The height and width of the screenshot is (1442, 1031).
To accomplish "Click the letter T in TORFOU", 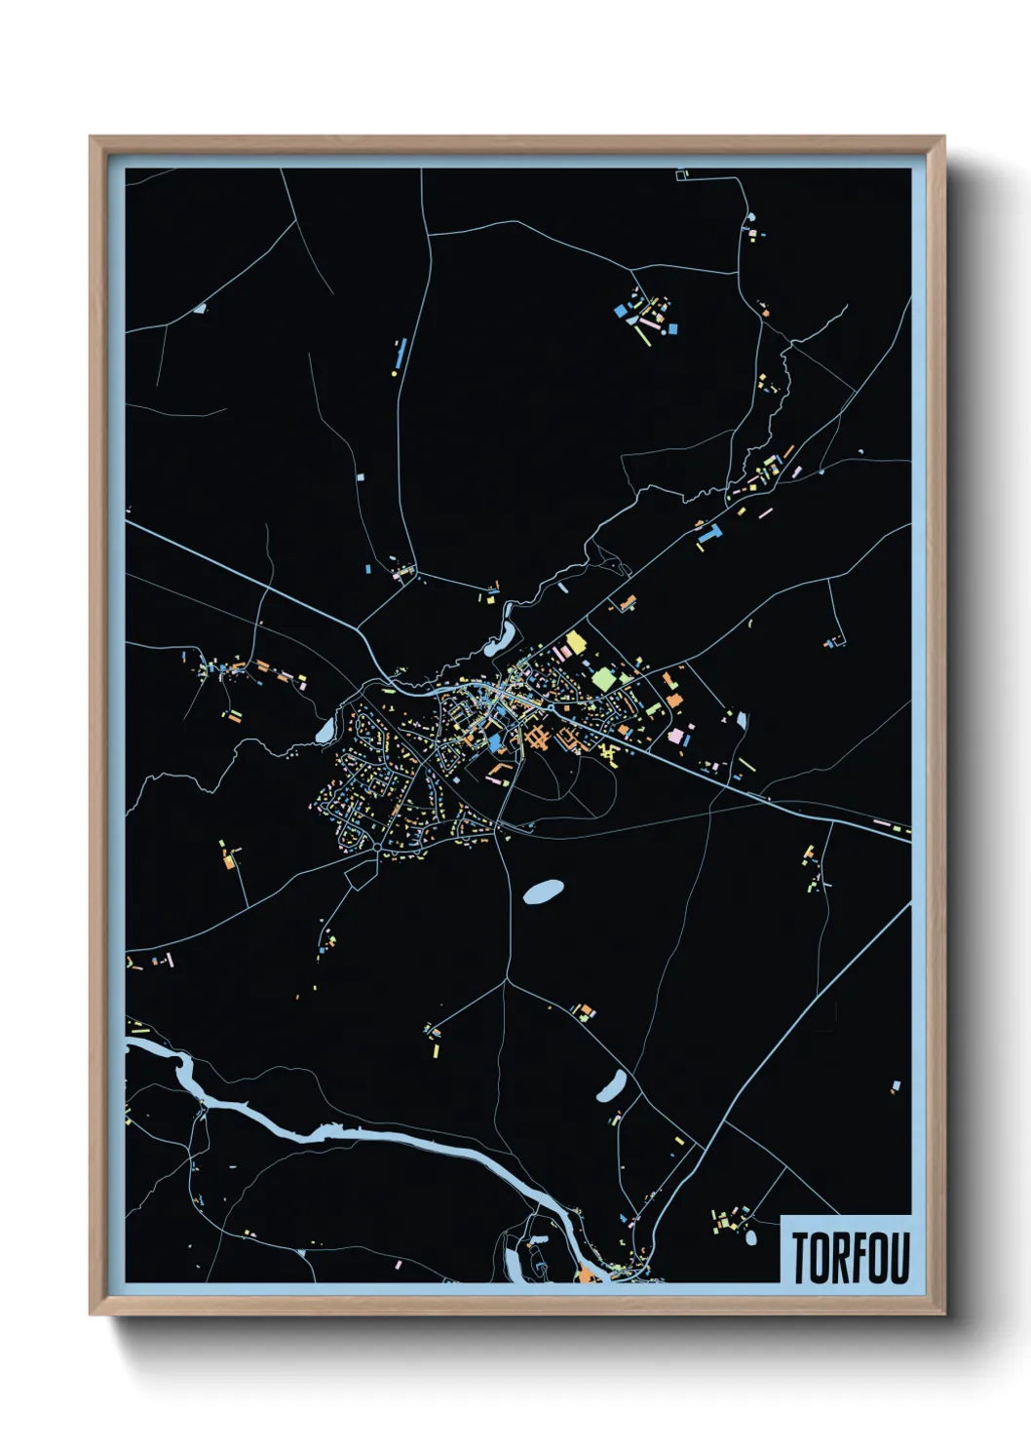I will click(x=801, y=1258).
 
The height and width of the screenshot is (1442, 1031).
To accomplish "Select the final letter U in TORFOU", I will click(x=897, y=1258).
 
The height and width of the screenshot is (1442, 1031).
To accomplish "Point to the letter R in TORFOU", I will click(x=834, y=1258).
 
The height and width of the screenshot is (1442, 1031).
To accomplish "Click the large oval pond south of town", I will click(x=543, y=892).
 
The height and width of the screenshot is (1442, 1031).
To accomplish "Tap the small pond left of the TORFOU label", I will click(x=750, y=1238).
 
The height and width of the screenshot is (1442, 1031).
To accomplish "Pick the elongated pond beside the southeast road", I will click(x=611, y=1084).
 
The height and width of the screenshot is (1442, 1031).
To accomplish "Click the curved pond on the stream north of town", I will click(x=502, y=638).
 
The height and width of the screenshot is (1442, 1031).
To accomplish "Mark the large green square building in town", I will click(x=604, y=679).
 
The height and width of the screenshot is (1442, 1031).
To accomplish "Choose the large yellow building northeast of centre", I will click(x=575, y=642).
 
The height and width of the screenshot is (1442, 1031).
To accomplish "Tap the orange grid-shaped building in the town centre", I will click(x=535, y=738).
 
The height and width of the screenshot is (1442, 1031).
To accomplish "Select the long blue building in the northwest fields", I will click(x=400, y=354).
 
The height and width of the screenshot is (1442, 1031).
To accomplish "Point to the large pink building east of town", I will click(x=674, y=734).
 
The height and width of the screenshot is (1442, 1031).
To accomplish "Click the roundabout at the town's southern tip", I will click(x=377, y=849).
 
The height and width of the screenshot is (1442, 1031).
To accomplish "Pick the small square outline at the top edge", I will click(x=682, y=174).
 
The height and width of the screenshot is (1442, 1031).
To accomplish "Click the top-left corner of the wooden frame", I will click(x=91, y=137).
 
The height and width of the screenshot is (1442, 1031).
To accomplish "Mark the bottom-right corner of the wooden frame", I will click(x=943, y=1314).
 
